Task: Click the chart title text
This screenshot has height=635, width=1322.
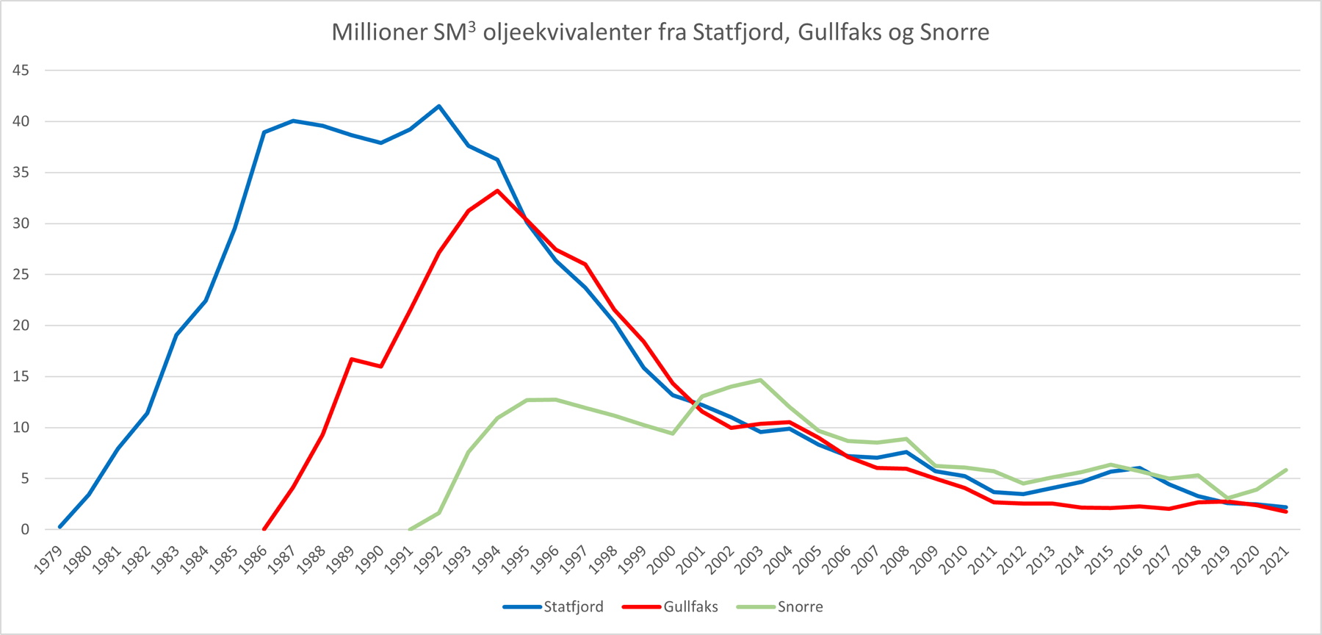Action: (660, 32)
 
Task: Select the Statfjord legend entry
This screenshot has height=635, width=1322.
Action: (573, 607)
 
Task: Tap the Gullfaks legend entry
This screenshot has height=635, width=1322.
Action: (690, 607)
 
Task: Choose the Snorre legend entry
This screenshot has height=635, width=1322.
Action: (800, 607)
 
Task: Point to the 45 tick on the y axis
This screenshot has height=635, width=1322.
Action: (21, 71)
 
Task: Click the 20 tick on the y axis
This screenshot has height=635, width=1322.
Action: (21, 326)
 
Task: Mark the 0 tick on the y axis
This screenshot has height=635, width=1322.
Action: (25, 529)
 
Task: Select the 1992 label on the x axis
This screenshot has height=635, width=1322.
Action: (430, 560)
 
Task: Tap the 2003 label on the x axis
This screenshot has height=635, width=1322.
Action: (751, 560)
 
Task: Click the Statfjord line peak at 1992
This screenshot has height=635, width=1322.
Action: (439, 107)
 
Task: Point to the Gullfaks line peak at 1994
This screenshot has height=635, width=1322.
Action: (497, 191)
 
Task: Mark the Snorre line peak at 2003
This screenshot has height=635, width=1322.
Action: (760, 380)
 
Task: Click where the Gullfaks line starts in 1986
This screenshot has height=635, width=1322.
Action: (264, 528)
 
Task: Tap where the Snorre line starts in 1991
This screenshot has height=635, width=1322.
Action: (410, 528)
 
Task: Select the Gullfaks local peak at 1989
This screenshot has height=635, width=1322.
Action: (352, 359)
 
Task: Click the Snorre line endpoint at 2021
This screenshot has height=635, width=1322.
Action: (1286, 470)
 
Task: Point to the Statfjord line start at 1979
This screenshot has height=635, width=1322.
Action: (59, 527)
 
